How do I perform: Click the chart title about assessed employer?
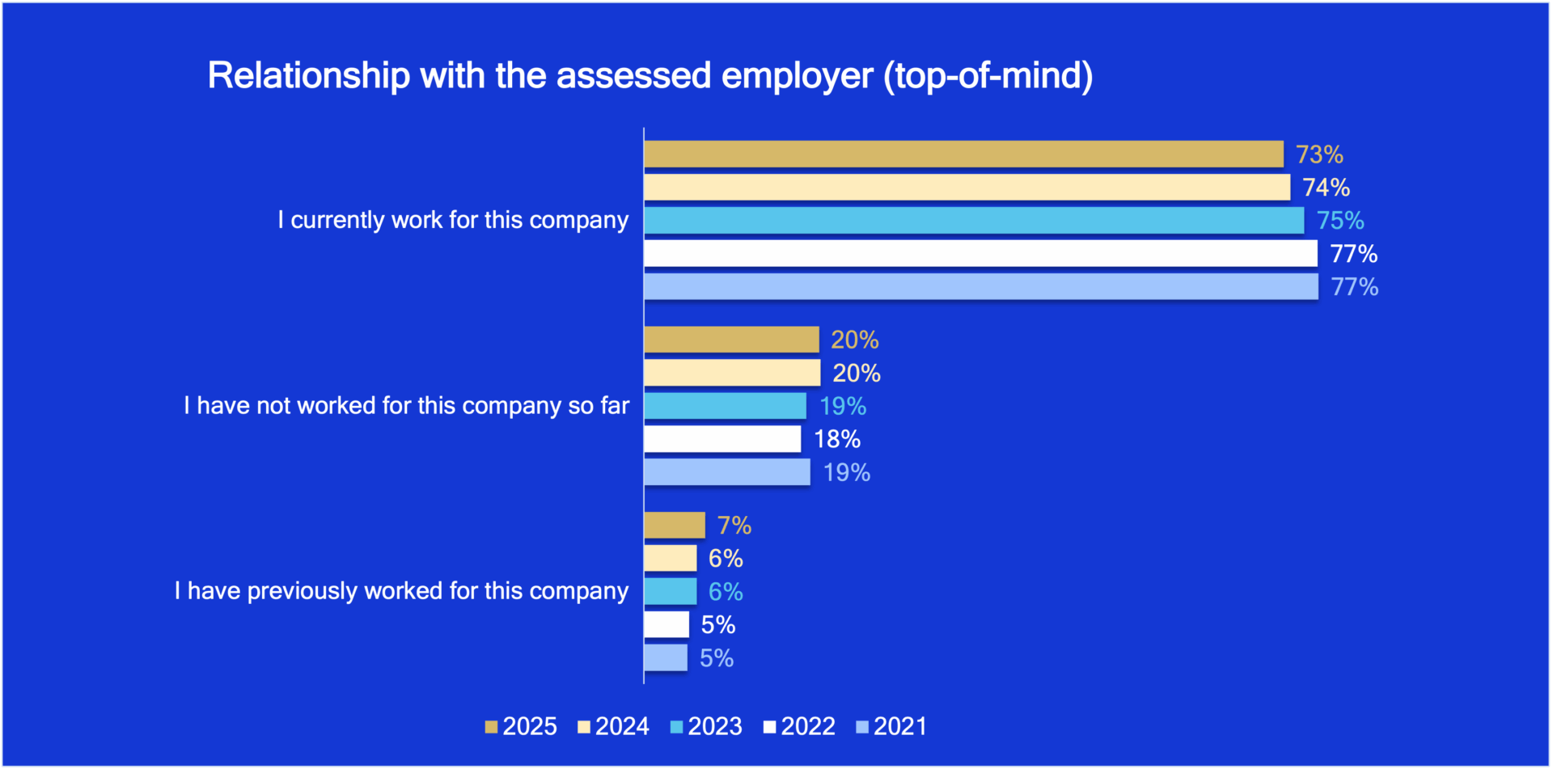[x=650, y=76]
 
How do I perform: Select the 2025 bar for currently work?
[x=963, y=154]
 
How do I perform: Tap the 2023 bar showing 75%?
[x=973, y=220]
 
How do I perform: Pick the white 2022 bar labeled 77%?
[x=980, y=253]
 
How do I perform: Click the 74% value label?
[x=1326, y=188]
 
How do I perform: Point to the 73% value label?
[x=1319, y=154]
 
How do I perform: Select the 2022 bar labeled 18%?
[x=722, y=439]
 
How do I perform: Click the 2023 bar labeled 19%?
[x=725, y=406]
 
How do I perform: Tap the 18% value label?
[x=837, y=439]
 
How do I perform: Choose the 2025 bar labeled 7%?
[x=675, y=526]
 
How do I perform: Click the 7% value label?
[x=734, y=526]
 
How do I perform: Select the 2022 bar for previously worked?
[x=666, y=624]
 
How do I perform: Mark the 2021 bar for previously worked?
[x=666, y=657]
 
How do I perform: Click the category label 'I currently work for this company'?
[x=453, y=220]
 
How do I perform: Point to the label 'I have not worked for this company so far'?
[x=406, y=406]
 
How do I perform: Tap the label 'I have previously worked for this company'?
[x=401, y=591]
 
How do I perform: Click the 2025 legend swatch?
[x=491, y=727]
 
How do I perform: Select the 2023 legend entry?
[x=707, y=726]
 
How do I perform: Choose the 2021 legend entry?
[x=891, y=726]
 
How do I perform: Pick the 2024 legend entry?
[x=614, y=726]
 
